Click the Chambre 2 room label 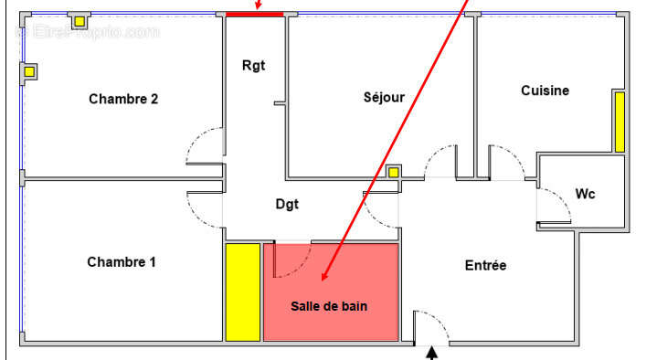(123, 99)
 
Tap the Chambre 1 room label (122, 262)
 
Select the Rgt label (253, 65)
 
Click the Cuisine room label (545, 90)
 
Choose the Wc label (586, 194)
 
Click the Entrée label (485, 265)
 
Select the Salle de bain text (329, 306)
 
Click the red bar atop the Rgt (255, 14)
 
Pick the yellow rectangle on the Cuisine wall (619, 121)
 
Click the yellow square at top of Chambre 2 (79, 20)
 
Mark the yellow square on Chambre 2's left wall (29, 71)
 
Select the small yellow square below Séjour (393, 172)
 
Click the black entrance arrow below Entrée (432, 351)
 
